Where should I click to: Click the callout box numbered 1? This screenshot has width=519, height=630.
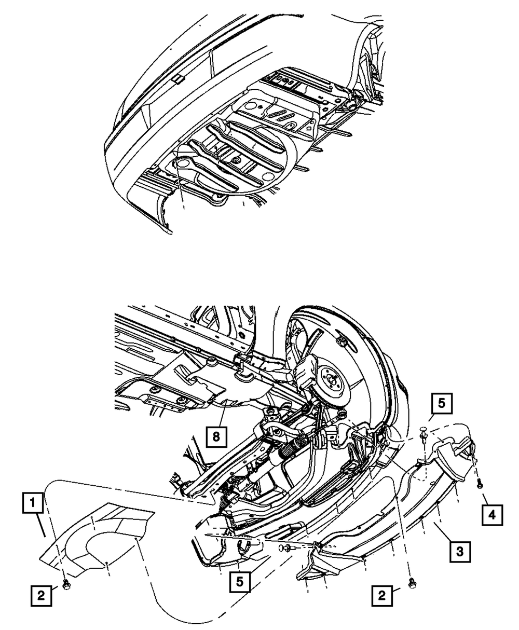(x=33, y=503)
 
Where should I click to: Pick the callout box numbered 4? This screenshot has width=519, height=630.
(x=491, y=515)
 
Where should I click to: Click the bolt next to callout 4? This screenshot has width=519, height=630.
(x=479, y=483)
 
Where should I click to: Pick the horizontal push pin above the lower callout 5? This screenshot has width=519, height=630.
(x=285, y=547)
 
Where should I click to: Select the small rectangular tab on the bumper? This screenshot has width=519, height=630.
(x=177, y=78)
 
